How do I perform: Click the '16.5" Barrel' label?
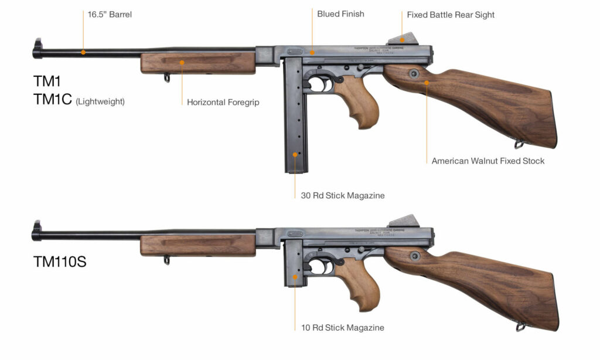(110, 15)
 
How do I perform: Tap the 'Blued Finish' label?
(340, 13)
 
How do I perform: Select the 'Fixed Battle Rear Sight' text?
(451, 15)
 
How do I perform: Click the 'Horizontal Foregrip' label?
(223, 102)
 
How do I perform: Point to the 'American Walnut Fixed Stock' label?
(487, 161)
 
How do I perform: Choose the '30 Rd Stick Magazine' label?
(342, 195)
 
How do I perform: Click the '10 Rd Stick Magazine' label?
(342, 328)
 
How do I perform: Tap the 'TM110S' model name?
(60, 262)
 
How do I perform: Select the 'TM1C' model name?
(52, 100)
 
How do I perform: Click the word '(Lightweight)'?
(100, 102)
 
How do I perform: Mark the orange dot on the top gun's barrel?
(83, 52)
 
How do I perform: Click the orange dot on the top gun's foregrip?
(182, 62)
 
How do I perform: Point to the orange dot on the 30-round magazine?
(295, 155)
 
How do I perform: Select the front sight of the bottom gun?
(37, 228)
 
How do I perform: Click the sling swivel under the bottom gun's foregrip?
(166, 260)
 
